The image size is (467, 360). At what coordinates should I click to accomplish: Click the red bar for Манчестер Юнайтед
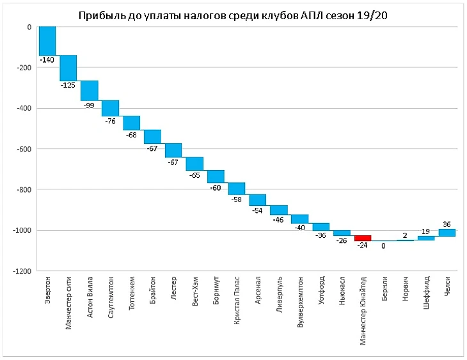(x=363, y=238)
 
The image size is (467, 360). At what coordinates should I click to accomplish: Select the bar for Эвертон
(x=47, y=41)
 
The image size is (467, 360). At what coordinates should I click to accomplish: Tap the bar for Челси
(x=447, y=233)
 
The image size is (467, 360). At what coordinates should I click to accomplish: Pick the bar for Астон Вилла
(x=89, y=91)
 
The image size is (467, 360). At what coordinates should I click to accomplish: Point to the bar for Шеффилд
(x=426, y=238)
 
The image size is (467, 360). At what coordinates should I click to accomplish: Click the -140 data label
(x=47, y=60)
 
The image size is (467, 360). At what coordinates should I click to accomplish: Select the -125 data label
(x=68, y=85)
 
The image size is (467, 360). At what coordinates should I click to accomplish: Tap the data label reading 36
(x=447, y=224)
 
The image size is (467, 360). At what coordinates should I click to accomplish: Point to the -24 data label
(x=363, y=244)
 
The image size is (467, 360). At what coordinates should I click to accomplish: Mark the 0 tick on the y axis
(x=29, y=27)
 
